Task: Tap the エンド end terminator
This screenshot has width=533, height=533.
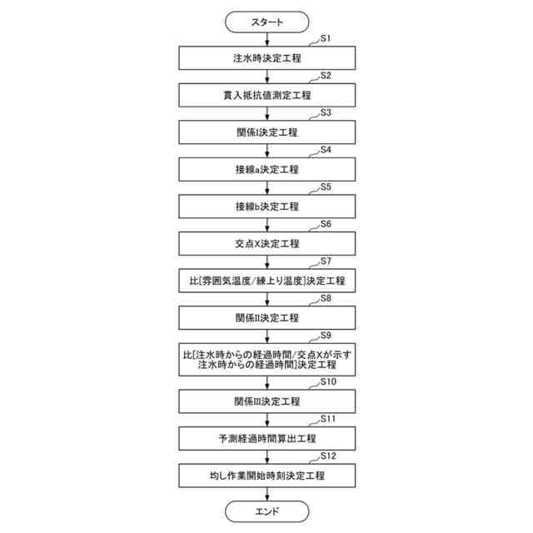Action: click(x=266, y=510)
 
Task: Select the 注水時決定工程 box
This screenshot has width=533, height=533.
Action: click(x=266, y=57)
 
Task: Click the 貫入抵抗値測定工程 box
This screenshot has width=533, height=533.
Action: click(x=266, y=95)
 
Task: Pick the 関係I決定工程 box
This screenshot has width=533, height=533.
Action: click(x=266, y=132)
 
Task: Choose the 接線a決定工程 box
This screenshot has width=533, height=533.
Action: click(x=266, y=169)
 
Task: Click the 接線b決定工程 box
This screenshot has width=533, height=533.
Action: click(x=266, y=206)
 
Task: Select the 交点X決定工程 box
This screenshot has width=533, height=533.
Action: click(x=266, y=243)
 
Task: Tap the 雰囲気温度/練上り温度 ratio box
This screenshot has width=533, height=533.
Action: click(x=266, y=281)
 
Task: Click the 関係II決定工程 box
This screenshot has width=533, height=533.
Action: click(x=266, y=317)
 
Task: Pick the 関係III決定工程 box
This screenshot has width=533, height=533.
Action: click(x=266, y=401)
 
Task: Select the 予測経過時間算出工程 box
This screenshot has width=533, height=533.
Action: click(x=266, y=438)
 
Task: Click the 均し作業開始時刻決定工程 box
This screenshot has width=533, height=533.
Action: click(x=266, y=475)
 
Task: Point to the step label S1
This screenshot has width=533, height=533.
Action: click(x=326, y=38)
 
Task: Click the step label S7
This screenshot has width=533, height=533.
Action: click(x=326, y=262)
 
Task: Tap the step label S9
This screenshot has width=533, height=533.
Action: click(x=326, y=336)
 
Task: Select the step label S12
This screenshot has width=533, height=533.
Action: click(x=329, y=456)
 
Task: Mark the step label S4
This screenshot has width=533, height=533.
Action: click(x=326, y=150)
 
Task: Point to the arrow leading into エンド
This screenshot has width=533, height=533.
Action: click(x=266, y=493)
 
